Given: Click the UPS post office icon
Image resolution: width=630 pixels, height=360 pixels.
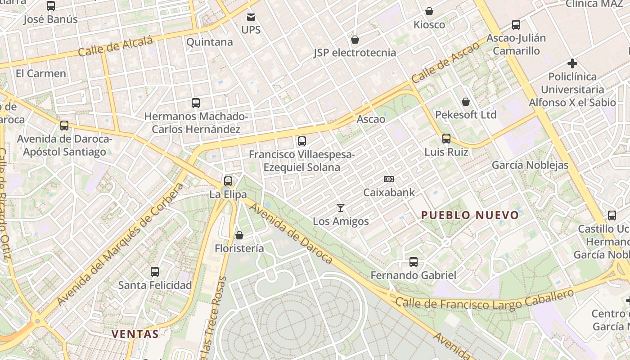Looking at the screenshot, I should pyautogui.click(x=251, y=18).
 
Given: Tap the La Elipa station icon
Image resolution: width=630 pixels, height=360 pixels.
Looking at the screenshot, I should pyautogui.click(x=228, y=181).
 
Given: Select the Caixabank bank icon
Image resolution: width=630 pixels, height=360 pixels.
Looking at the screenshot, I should pyautogui.click(x=389, y=179).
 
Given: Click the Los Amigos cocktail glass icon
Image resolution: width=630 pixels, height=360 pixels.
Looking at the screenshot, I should pyautogui.click(x=341, y=208).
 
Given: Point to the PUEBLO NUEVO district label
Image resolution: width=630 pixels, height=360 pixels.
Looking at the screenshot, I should pyautogui.click(x=470, y=215).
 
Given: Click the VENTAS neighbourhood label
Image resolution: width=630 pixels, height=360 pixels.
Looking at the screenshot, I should pyautogui.click(x=135, y=334).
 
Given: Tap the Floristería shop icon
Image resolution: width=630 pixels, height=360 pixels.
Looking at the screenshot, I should pyautogui.click(x=239, y=235).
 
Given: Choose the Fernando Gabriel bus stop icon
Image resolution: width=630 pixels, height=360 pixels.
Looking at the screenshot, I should pyautogui.click(x=413, y=261).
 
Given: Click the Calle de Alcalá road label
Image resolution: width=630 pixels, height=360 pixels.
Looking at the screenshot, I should pyautogui.click(x=116, y=47).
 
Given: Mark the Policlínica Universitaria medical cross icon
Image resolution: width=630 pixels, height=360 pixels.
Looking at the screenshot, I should pyautogui.click(x=572, y=63).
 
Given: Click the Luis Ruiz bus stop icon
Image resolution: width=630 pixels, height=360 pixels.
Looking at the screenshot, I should pyautogui.click(x=446, y=139).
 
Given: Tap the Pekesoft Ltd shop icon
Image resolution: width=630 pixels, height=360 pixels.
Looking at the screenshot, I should pyautogui.click(x=466, y=102).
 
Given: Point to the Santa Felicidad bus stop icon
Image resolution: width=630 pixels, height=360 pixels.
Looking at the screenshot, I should pyautogui.click(x=155, y=272).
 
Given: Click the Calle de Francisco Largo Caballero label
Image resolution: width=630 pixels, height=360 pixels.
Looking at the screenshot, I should pyautogui.click(x=485, y=300).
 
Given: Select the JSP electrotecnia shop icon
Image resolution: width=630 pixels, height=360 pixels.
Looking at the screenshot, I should pyautogui.click(x=355, y=40).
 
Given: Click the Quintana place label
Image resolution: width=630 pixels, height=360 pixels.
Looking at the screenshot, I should pyautogui.click(x=209, y=42).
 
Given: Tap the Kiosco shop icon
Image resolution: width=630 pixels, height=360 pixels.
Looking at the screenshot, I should pyautogui.click(x=429, y=11).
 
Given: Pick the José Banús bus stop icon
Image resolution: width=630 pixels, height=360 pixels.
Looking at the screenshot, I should pyautogui.click(x=51, y=6).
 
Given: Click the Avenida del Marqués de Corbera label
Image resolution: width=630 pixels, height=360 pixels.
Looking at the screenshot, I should pyautogui.click(x=120, y=243).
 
